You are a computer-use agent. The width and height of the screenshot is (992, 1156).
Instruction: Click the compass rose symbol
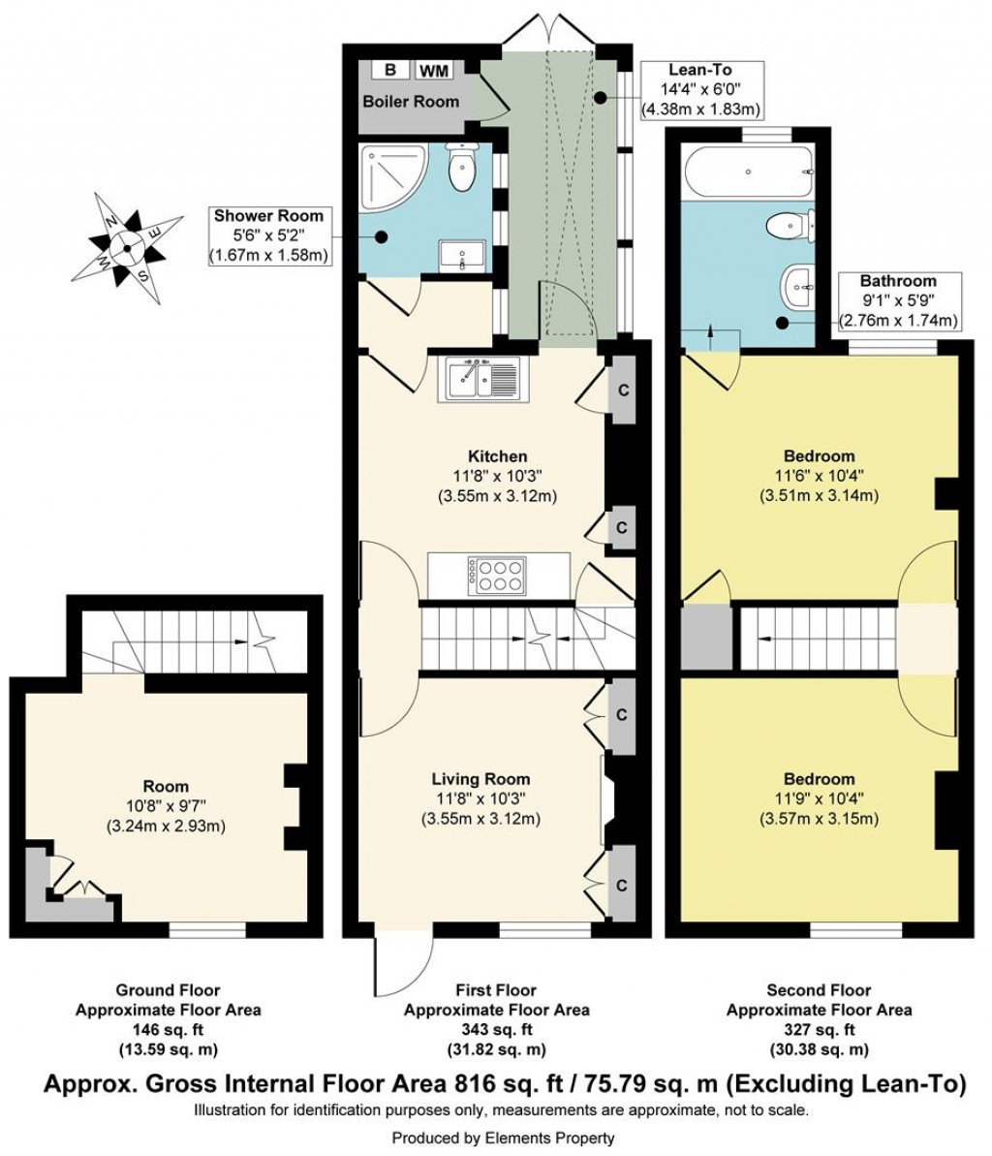tap(127, 247)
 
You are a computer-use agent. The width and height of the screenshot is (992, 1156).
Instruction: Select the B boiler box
tap(390, 70)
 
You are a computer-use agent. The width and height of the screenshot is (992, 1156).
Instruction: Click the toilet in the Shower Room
tap(462, 169)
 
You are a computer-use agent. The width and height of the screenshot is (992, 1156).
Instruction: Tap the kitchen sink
tap(483, 379)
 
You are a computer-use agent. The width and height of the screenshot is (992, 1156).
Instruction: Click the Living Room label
tap(480, 779)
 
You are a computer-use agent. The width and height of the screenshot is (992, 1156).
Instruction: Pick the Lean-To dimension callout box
tap(700, 89)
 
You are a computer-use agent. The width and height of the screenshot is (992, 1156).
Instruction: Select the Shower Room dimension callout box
tap(268, 235)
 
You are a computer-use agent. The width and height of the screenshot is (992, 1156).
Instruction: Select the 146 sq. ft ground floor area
tap(168, 1030)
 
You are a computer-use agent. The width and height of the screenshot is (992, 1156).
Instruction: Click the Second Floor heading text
tap(819, 990)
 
